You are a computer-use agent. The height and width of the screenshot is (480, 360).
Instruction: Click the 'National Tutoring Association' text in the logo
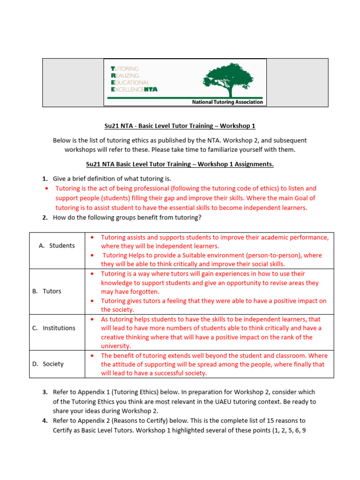(228, 102)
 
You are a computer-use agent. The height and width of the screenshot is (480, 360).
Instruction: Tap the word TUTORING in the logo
(125, 68)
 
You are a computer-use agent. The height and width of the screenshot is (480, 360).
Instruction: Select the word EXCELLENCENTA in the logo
(134, 89)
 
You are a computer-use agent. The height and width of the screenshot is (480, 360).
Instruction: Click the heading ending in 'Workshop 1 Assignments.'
(180, 164)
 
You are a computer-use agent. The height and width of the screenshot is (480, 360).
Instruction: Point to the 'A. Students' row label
(57, 246)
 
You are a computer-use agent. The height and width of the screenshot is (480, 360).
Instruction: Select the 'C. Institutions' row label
(54, 328)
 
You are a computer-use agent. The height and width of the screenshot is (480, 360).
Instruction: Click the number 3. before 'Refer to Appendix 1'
(45, 392)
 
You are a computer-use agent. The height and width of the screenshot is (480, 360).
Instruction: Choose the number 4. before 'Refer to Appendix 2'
(45, 421)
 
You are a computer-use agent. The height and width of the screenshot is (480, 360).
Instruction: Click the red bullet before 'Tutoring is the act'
(46, 188)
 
